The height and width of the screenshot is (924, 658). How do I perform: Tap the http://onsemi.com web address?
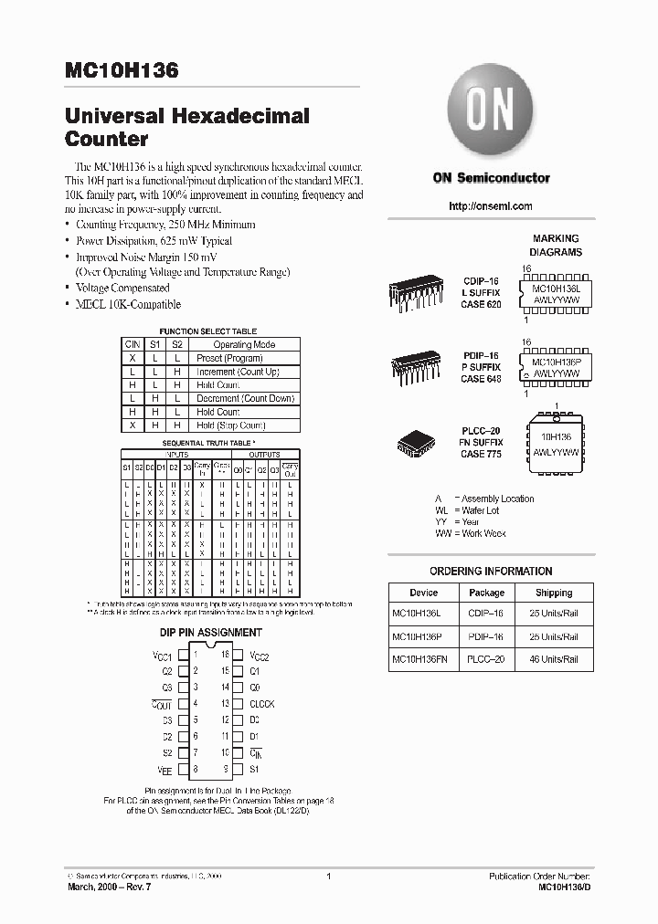point(491,206)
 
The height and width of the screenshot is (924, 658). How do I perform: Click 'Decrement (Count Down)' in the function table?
point(245,399)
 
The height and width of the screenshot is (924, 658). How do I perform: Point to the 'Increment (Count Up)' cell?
point(238,373)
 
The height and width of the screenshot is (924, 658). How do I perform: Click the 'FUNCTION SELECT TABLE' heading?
point(208,331)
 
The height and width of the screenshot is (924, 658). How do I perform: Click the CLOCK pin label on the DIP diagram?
point(261,704)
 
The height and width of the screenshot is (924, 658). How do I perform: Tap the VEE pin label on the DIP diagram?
point(164,770)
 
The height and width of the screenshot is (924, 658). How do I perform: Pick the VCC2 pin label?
point(260,656)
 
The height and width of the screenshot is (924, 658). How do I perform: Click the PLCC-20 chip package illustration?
point(417,443)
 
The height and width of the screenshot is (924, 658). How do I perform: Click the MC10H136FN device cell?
point(423,659)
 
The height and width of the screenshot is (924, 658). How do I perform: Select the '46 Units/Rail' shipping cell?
point(554,659)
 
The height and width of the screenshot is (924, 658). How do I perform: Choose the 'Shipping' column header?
point(554,593)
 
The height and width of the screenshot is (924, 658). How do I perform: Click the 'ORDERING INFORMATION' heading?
point(491,572)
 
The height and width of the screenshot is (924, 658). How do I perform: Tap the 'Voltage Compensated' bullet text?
point(122,288)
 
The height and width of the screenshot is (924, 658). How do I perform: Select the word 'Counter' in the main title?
point(107,140)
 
